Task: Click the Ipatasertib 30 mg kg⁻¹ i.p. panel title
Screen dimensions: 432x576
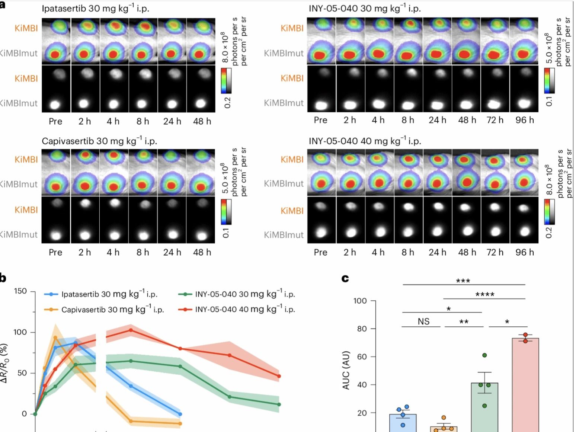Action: point(95,9)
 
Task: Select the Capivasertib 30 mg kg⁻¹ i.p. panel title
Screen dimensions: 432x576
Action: point(99,141)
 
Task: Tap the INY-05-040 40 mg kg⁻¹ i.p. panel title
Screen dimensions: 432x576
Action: point(365,141)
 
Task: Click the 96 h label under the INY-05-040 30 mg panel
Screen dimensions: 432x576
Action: point(525,120)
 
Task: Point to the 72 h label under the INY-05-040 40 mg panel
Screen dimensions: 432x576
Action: point(495,252)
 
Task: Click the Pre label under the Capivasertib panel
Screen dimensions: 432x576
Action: point(55,252)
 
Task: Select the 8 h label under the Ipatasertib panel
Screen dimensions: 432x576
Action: point(143,121)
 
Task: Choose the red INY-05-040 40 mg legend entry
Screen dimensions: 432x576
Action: point(238,310)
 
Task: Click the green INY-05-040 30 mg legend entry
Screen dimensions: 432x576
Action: point(238,294)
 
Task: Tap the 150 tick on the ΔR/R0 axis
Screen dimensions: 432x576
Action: point(20,291)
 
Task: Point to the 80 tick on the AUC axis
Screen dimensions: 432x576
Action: point(361,329)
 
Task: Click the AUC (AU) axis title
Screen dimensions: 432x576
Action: point(346,370)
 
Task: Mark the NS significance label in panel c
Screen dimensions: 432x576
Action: point(423,321)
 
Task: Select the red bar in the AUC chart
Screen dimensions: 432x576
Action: point(525,383)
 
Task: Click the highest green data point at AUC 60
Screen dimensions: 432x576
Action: point(484,355)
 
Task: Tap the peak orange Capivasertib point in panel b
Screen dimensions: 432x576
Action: point(55,338)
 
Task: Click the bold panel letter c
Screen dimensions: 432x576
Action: point(345,278)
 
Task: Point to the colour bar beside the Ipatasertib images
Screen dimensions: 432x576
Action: point(226,80)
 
